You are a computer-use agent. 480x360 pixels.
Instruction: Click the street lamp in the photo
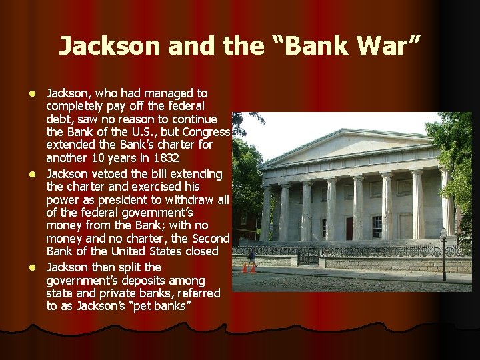pyautogui.click(x=443, y=251)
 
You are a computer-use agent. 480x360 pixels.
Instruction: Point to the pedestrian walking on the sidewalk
pyautogui.click(x=252, y=257)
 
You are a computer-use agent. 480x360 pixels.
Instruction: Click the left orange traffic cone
pyautogui.click(x=245, y=269)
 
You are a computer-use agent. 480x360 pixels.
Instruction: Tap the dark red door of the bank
pyautogui.click(x=349, y=228)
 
